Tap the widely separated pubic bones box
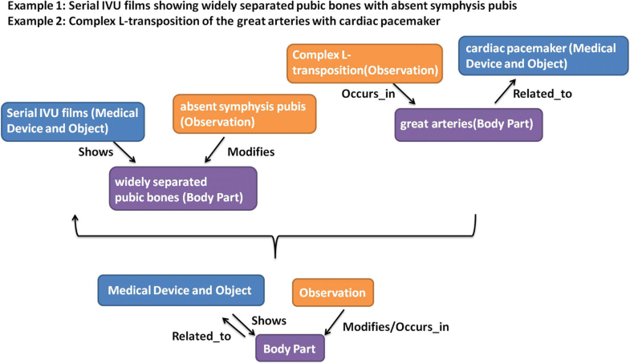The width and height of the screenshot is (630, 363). [x=182, y=188]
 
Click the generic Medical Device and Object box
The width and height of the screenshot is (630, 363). [x=180, y=291]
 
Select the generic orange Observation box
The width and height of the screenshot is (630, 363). [x=333, y=294]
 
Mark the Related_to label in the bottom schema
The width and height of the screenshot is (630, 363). [x=201, y=336]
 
